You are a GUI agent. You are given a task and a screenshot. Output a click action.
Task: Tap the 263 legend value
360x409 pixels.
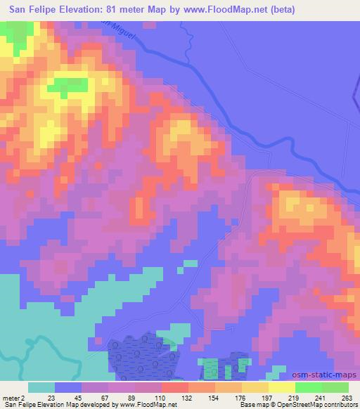point(346,398)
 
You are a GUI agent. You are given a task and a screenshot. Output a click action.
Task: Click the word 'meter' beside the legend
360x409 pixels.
point(10,398)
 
